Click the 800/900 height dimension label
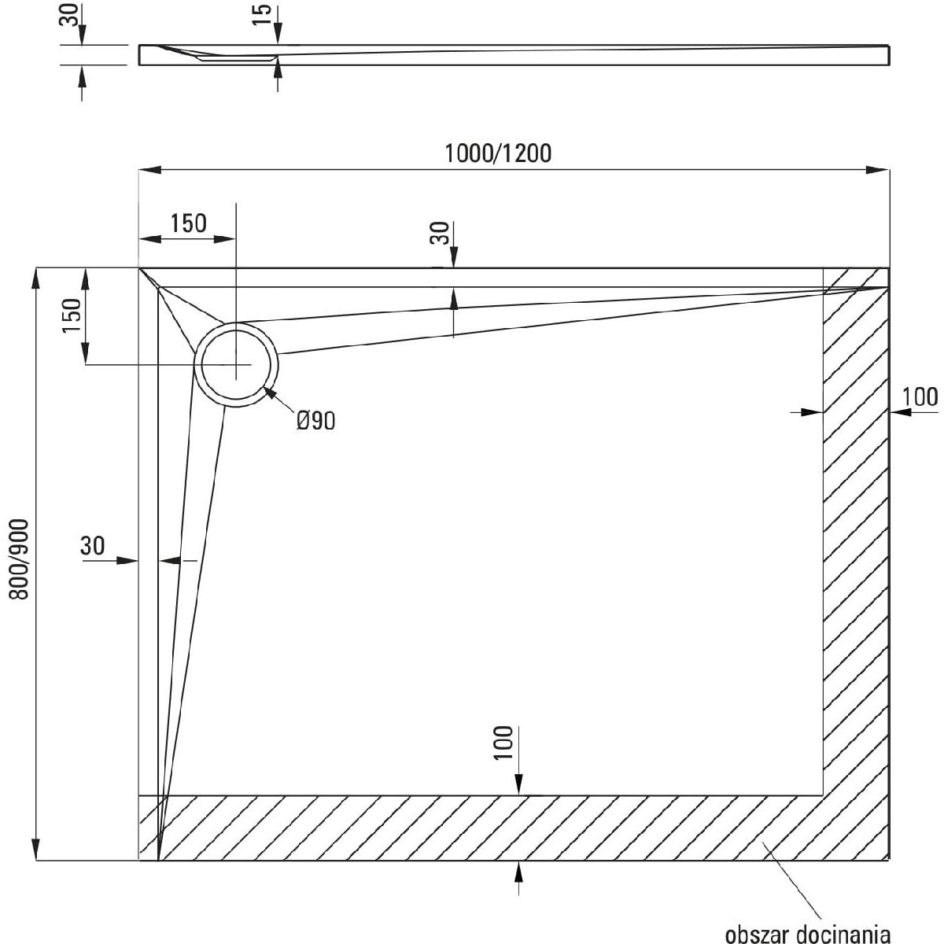(20, 559)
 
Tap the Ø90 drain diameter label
(315, 422)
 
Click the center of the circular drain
(236, 365)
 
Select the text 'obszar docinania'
(809, 934)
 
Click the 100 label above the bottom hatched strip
(503, 741)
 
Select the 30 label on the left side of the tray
(93, 545)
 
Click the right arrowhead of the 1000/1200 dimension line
(879, 169)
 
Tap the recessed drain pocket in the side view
(236, 58)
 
